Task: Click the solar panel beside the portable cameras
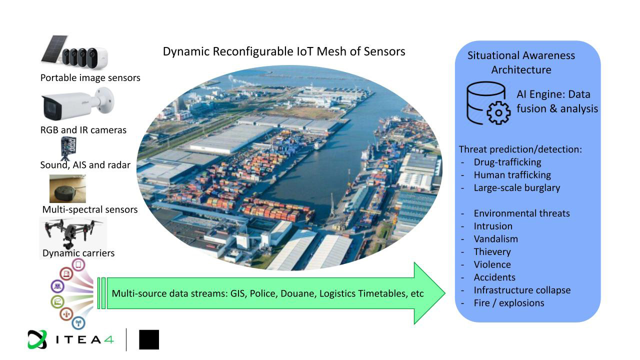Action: tap(54, 48)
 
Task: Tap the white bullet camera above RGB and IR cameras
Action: tap(77, 104)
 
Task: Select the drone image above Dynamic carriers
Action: tap(72, 233)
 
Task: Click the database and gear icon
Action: tap(488, 103)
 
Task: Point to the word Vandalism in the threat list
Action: tap(495, 239)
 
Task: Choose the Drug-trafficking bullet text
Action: tap(507, 162)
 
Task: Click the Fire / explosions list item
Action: tap(509, 303)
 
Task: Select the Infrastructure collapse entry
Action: tap(522, 290)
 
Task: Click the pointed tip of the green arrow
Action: tap(445, 293)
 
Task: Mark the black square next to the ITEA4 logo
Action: tap(149, 339)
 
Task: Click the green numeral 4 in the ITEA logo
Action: tap(108, 339)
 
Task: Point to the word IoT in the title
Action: tap(305, 51)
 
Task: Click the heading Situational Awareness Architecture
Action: tap(521, 62)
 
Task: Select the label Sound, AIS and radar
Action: tap(85, 165)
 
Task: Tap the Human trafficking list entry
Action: tap(512, 175)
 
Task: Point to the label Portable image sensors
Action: tap(90, 77)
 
